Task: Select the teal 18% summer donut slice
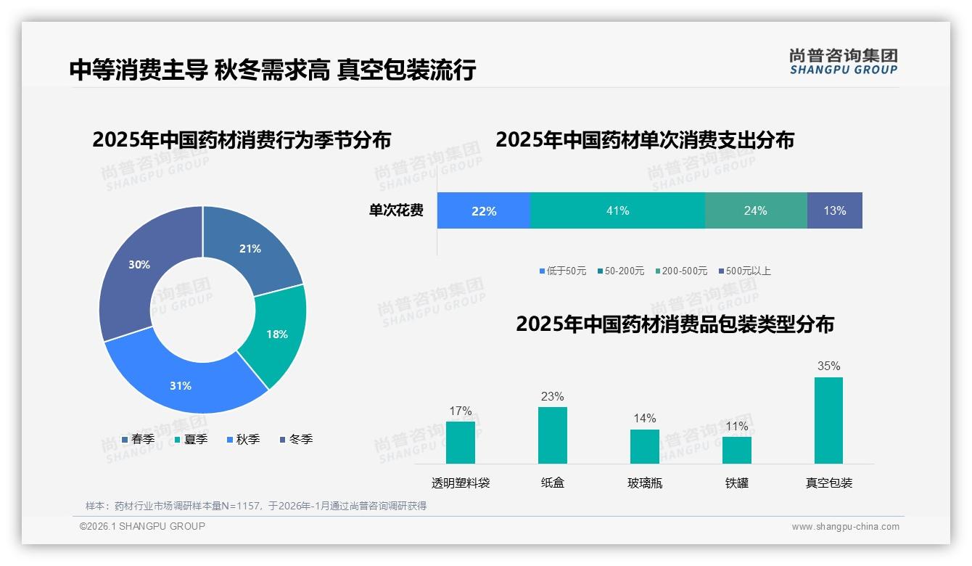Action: tap(276, 334)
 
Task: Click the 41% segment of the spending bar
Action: tap(617, 210)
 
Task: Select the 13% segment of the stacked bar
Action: tap(834, 210)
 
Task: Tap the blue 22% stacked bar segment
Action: tap(484, 210)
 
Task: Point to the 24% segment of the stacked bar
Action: tap(755, 210)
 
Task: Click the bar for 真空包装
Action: tap(828, 420)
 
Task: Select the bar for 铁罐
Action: tap(736, 450)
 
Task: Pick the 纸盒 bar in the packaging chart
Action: tap(553, 435)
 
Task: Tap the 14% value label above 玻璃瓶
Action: tap(644, 419)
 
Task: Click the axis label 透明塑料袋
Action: tap(461, 483)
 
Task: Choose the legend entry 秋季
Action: tap(247, 439)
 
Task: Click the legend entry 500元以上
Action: tap(748, 271)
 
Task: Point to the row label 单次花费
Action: tap(396, 210)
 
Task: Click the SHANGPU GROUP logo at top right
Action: tap(843, 62)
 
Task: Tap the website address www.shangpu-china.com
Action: tap(845, 527)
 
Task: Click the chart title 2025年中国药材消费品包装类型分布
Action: tap(675, 324)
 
